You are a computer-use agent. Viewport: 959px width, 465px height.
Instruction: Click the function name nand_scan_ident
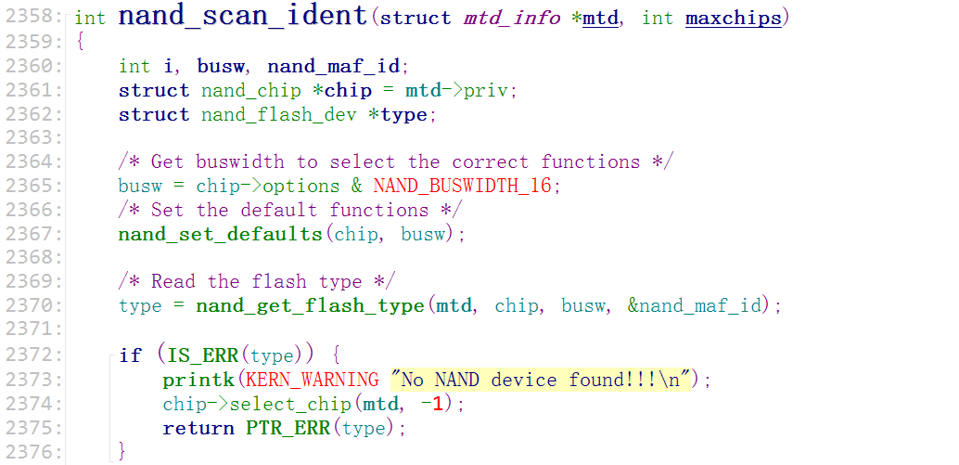click(243, 17)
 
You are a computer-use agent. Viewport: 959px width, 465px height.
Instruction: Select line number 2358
click(32, 18)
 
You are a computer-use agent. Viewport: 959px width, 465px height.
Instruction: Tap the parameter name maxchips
click(733, 18)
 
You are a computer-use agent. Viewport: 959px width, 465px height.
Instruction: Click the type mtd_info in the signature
click(511, 18)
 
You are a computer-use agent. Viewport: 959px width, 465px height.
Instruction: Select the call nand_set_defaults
click(220, 234)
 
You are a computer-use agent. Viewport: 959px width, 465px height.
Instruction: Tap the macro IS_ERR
click(202, 355)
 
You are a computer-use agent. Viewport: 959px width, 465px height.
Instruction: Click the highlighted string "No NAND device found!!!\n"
click(542, 380)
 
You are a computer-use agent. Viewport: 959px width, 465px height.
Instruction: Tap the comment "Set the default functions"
click(289, 210)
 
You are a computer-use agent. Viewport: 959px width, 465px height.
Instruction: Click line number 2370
click(32, 305)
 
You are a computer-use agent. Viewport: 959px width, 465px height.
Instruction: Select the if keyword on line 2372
click(131, 355)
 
